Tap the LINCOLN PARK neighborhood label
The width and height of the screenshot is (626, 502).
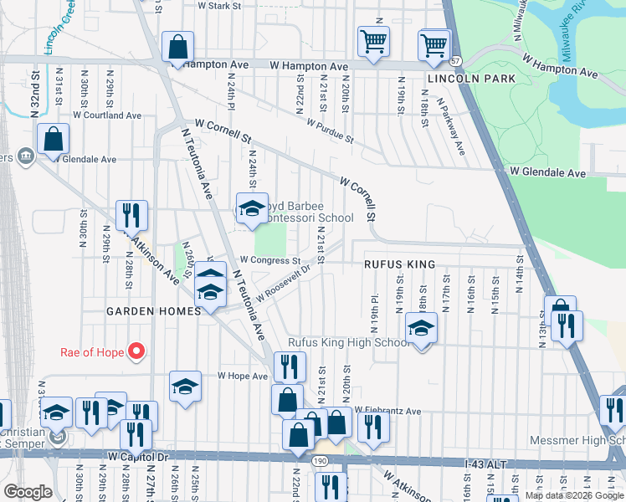pyautogui.click(x=470, y=79)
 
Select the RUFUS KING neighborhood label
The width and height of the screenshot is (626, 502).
pyautogui.click(x=399, y=264)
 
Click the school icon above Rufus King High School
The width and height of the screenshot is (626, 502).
pyautogui.click(x=421, y=329)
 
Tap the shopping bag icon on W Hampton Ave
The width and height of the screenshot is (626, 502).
pyautogui.click(x=178, y=48)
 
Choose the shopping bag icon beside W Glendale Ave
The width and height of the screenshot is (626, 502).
pyautogui.click(x=52, y=140)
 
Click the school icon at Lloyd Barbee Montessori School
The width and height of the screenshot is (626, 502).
pyautogui.click(x=252, y=209)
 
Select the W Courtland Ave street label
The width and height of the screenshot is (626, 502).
pyautogui.click(x=106, y=115)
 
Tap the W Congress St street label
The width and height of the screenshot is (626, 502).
pyautogui.click(x=264, y=260)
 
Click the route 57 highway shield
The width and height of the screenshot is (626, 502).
pyautogui.click(x=455, y=61)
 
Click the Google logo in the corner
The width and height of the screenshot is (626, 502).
pyautogui.click(x=28, y=492)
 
